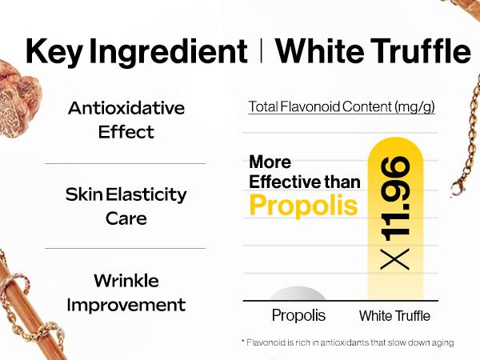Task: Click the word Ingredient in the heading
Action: point(168,51)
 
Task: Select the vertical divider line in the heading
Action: point(261,50)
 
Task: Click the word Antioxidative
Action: point(126,108)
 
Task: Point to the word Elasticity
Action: point(146,195)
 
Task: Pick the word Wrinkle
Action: point(126,281)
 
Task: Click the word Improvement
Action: point(126,305)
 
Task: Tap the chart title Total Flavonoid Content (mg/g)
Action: point(342,107)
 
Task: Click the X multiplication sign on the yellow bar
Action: point(395,259)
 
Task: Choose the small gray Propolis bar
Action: point(298,294)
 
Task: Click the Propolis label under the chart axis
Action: point(298,315)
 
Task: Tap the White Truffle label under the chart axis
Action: point(394,316)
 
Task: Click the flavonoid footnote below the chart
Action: point(347,342)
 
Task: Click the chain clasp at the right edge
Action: point(457,187)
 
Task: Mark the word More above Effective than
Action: point(270,162)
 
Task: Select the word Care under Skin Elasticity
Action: point(126,218)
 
